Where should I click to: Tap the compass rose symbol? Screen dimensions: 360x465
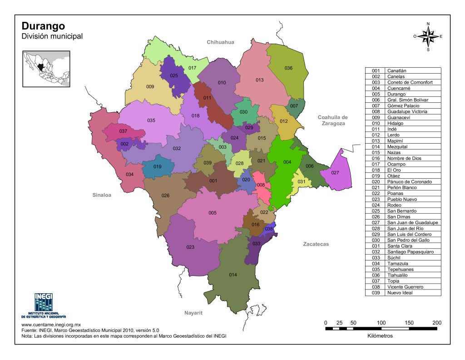[x=428, y=36]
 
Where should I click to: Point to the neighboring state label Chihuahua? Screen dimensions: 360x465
[x=220, y=42]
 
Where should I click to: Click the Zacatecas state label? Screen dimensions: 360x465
[x=316, y=244]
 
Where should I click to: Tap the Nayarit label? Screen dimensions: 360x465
[x=193, y=313]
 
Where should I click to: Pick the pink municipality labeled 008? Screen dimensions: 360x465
[x=261, y=185]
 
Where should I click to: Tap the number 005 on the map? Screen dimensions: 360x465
[x=213, y=213]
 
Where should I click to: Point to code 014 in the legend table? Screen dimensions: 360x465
[x=375, y=147]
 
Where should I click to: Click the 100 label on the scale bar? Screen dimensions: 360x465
[x=381, y=323]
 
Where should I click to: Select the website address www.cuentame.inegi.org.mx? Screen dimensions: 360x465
[x=51, y=325]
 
